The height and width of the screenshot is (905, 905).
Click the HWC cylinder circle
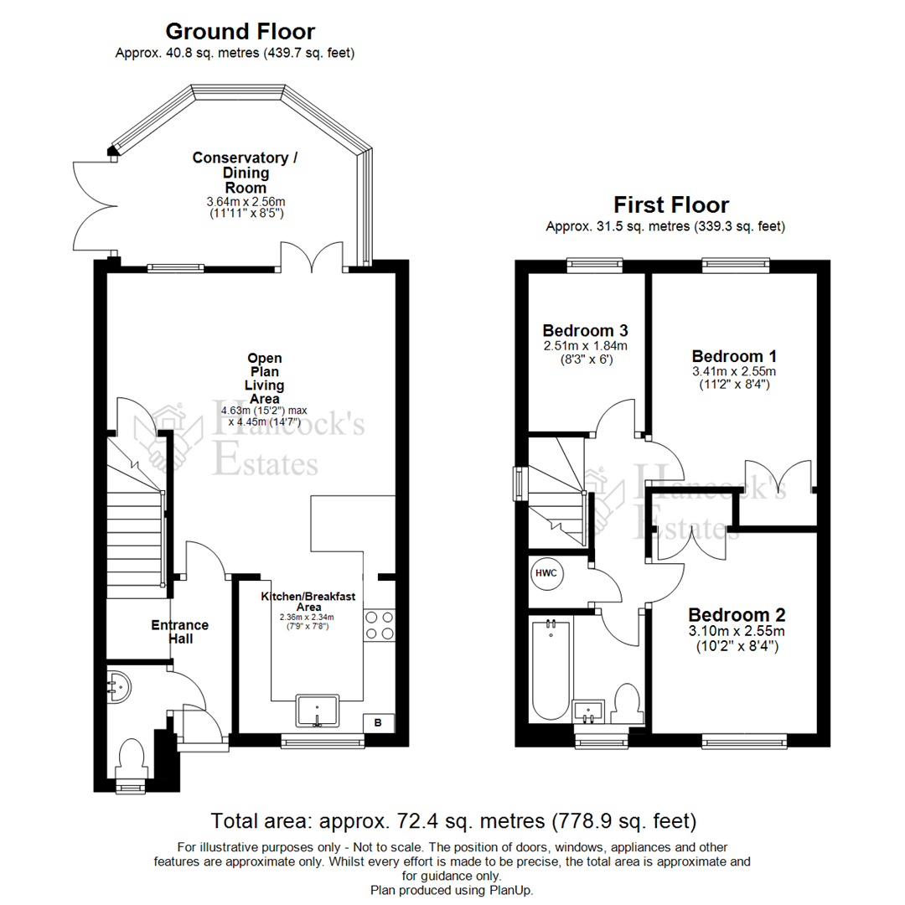pyautogui.click(x=546, y=573)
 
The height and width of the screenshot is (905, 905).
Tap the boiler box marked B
pyautogui.click(x=379, y=722)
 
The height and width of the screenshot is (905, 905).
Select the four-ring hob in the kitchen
pyautogui.click(x=380, y=626)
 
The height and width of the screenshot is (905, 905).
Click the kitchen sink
pyautogui.click(x=317, y=711)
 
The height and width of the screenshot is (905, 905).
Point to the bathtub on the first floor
pyautogui.click(x=551, y=670)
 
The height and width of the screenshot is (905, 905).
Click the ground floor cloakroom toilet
pyautogui.click(x=131, y=759)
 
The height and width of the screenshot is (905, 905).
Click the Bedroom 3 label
pyautogui.click(x=585, y=331)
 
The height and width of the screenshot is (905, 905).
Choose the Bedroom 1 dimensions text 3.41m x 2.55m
pyautogui.click(x=734, y=372)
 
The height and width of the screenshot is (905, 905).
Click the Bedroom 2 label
pyautogui.click(x=737, y=615)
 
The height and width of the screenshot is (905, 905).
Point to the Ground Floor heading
pyautogui.click(x=240, y=31)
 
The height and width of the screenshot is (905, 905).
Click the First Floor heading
pyautogui.click(x=671, y=205)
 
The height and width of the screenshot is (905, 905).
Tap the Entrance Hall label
pyautogui.click(x=180, y=632)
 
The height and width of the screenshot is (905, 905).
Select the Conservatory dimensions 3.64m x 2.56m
pyautogui.click(x=246, y=202)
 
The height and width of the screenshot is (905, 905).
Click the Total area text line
pyautogui.click(x=453, y=820)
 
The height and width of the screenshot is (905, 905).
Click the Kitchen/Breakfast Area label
pyautogui.click(x=308, y=602)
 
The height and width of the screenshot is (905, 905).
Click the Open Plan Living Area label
pyautogui.click(x=265, y=379)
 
